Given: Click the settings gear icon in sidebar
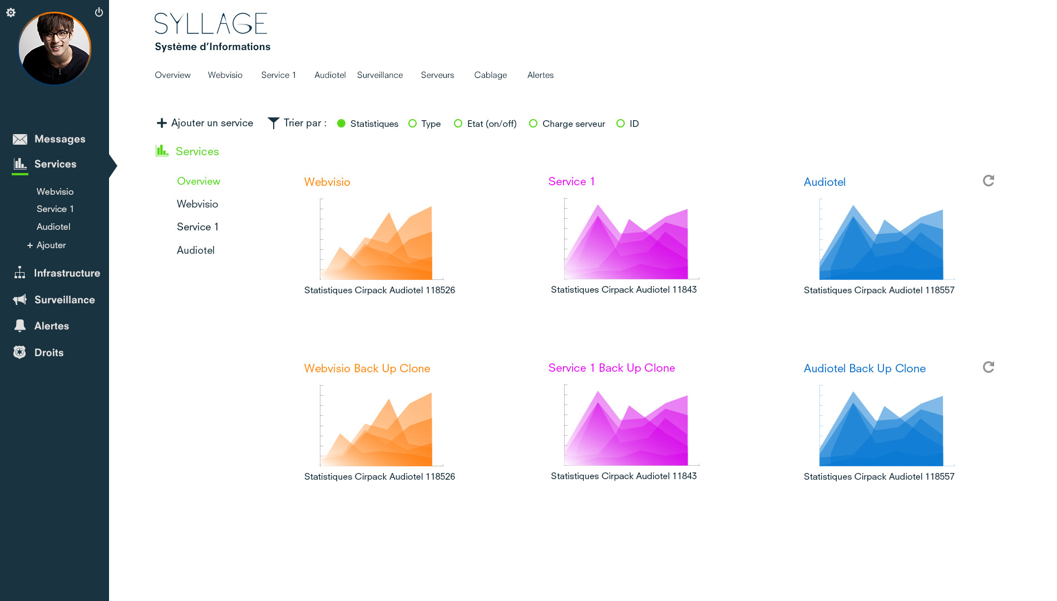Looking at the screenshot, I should pos(11,12).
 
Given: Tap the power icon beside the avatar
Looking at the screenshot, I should pos(99,12).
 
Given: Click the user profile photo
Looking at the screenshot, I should pos(55,48).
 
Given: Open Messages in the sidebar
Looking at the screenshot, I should pos(60,139).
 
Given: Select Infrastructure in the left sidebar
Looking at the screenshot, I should pos(67,273).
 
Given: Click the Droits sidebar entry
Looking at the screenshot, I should pos(49,353).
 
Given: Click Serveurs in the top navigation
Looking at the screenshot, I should pos(437,75).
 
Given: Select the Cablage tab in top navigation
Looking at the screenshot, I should pos(490,75).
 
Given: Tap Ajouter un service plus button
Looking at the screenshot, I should pos(162,123).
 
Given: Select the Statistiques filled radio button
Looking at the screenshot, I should pos(342,124).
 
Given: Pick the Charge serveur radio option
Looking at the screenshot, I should pos(533,124).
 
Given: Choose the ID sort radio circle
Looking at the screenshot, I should pos(620,124).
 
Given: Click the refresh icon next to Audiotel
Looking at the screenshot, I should pos(988,181).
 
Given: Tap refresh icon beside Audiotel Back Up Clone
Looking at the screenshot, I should pos(988,367).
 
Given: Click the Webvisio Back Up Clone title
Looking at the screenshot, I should pos(367,368).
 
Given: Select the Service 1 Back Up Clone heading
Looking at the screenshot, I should pos(611,368).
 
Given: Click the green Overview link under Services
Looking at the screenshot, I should pos(198,181).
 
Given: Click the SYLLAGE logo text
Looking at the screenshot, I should pos(211,24).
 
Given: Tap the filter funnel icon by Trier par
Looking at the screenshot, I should pos(273,123).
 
